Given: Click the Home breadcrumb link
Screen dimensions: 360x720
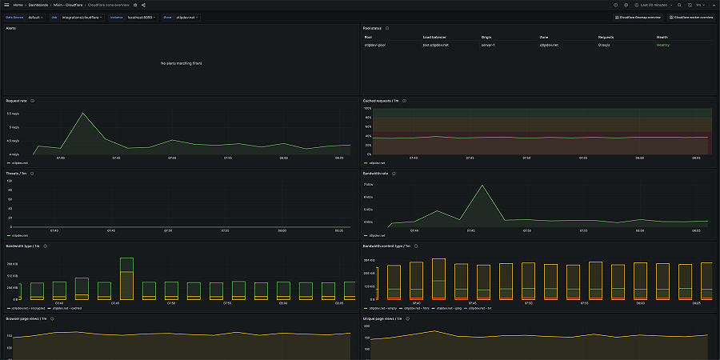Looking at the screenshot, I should coord(18,5).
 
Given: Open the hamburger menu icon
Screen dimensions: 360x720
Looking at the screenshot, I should coord(6,5).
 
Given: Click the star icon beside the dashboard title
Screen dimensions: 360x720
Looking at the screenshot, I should coord(135,5).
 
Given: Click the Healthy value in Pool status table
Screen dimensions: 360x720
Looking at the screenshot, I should coord(662,45).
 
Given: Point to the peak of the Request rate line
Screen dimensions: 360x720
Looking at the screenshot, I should coord(82,113).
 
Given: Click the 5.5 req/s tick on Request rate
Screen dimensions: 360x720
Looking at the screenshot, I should coord(14,114).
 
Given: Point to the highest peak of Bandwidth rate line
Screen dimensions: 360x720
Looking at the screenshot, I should coord(482,186).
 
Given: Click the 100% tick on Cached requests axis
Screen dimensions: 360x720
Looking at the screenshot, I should coord(367,108).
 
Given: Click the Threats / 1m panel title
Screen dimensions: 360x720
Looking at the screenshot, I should coord(16,173).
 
